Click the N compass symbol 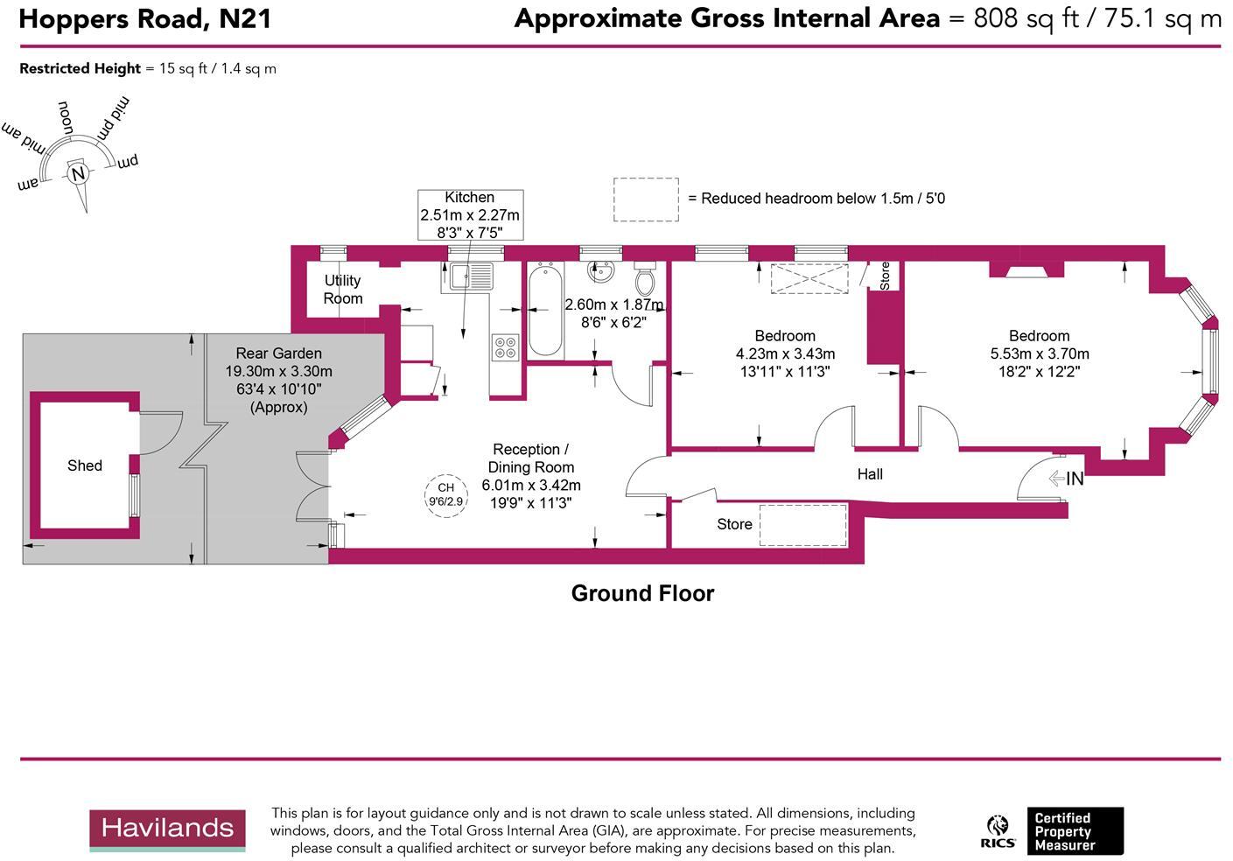point(78,173)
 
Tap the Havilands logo point(167,829)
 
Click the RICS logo point(998,831)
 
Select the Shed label point(85,465)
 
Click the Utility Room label point(343,290)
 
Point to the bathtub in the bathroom point(545,311)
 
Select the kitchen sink point(473,276)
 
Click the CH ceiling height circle point(446,495)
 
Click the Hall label point(870,474)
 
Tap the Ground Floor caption point(642,593)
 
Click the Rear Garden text point(278,353)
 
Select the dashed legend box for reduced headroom point(646,199)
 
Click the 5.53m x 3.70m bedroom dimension point(1040,354)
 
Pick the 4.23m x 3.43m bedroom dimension point(785,354)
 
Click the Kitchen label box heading point(470,198)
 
